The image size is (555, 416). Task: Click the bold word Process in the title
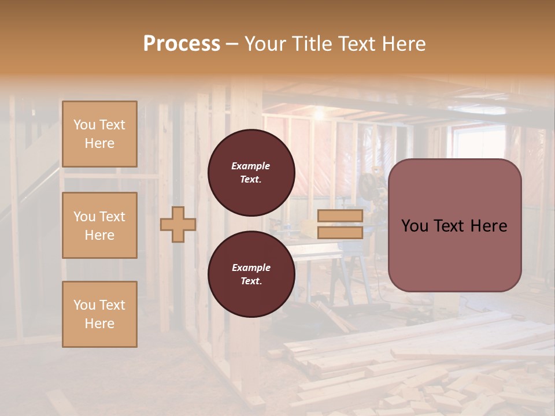182,44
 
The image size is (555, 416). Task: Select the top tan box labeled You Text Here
99,134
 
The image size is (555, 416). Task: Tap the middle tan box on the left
99,225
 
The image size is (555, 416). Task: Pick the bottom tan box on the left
99,314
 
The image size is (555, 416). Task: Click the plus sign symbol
178,224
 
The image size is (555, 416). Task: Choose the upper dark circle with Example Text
251,173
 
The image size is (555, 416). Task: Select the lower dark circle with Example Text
251,274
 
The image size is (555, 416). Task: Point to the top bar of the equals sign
341,216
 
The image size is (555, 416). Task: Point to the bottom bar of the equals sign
341,233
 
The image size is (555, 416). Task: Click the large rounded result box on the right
454,225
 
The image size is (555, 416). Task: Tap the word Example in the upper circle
251,166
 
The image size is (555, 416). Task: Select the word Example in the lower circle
251,268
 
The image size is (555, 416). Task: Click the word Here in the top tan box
99,143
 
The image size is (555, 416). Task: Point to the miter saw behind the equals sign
370,191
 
